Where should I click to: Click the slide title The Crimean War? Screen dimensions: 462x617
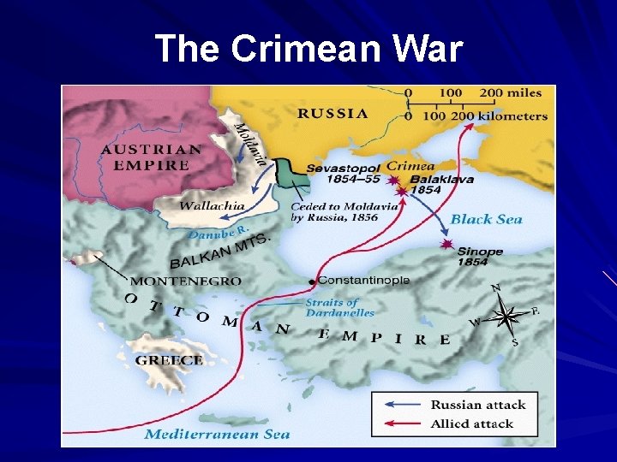308,50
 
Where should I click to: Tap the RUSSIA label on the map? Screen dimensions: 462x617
332,113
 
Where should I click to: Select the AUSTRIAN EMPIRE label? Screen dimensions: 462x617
152,157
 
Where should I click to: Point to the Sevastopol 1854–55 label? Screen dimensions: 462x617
342,175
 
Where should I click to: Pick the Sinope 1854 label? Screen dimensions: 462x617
480,257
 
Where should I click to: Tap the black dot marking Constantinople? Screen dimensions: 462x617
311,281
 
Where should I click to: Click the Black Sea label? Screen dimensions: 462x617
486,219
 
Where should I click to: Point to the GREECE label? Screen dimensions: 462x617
170,360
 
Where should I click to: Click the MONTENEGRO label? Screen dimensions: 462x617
185,281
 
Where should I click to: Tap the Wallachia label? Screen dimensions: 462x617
212,205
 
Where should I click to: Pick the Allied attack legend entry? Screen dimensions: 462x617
471,423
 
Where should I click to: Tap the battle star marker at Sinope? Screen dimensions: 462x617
446,246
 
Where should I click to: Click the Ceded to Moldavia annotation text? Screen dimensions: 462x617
344,212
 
